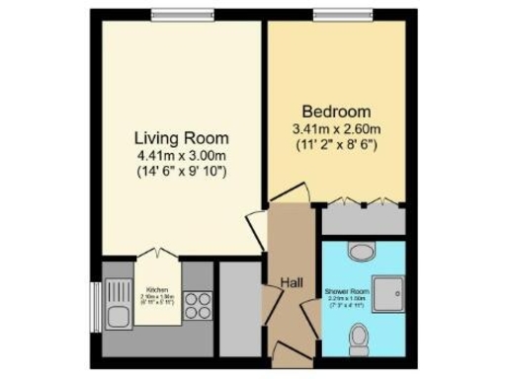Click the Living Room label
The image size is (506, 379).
tap(180, 137)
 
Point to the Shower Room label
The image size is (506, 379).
tap(347, 292)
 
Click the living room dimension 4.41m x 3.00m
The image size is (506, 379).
tap(180, 155)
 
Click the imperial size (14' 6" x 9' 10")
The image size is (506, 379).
tap(180, 172)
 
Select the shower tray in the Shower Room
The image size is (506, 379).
tap(394, 289)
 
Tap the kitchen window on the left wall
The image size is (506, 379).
tap(95, 298)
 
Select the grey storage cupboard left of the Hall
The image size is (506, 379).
tap(238, 306)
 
